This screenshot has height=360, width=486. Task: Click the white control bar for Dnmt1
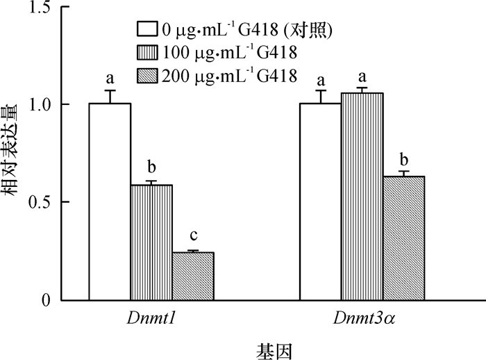click(110, 202)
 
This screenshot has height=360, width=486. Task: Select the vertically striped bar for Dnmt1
click(151, 243)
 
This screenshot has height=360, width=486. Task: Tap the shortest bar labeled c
click(193, 277)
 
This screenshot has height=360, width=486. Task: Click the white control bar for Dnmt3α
click(320, 202)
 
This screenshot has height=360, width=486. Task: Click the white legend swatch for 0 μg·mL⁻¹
click(147, 29)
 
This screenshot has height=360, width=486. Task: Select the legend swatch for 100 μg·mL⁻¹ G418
click(147, 52)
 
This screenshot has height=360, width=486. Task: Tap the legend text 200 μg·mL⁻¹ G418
click(229, 75)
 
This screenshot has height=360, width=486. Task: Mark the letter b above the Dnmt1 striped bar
click(151, 168)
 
